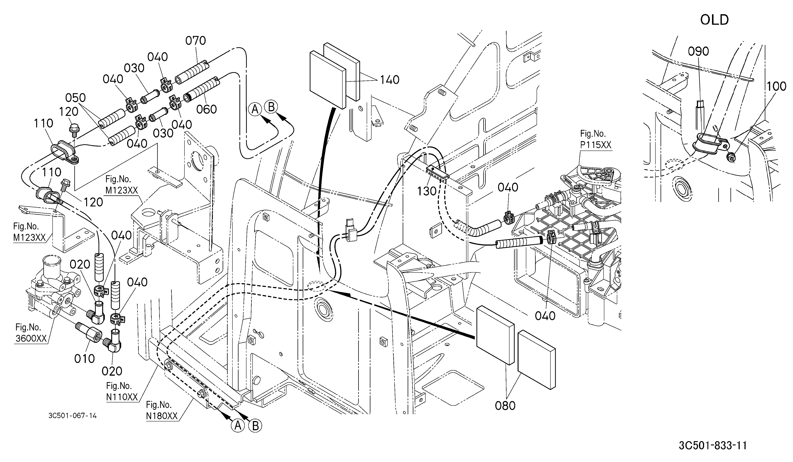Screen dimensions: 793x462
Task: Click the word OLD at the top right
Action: (x=714, y=20)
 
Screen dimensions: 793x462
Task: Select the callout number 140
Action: (x=390, y=80)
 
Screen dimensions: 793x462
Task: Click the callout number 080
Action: (x=505, y=406)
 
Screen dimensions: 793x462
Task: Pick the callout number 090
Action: (x=698, y=51)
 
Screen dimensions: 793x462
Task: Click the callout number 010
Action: (x=84, y=358)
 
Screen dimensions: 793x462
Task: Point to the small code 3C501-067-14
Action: (x=73, y=416)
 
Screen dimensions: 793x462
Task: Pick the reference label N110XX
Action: (x=122, y=397)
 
